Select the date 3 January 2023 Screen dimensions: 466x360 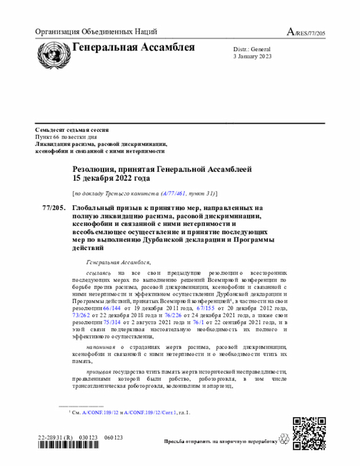253,57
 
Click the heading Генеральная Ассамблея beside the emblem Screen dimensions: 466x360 134,47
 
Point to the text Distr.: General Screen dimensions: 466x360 251,50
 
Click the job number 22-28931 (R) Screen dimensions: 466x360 56,437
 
